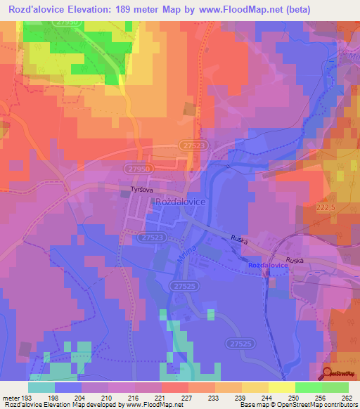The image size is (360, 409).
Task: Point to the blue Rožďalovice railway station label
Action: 268,265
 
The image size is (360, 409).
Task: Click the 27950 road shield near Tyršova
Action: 141,170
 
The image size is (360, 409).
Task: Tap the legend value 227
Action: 186,398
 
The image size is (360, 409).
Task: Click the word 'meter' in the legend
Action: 11,398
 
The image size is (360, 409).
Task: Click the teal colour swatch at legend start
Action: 41,387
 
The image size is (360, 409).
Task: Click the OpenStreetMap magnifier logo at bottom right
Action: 328,374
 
